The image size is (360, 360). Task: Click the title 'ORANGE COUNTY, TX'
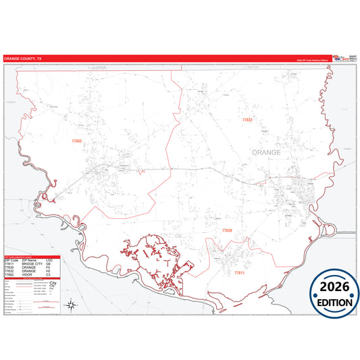[22, 59]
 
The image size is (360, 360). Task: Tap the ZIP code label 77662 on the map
[76, 141]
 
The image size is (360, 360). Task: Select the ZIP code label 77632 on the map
[247, 120]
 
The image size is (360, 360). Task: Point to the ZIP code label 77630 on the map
[226, 231]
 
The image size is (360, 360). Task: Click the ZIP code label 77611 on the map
[239, 273]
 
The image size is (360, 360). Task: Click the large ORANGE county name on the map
[266, 153]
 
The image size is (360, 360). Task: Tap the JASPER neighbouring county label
[100, 68]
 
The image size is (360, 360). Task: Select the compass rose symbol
[70, 305]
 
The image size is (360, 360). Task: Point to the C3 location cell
[49, 275]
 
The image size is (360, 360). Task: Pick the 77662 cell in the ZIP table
[10, 275]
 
